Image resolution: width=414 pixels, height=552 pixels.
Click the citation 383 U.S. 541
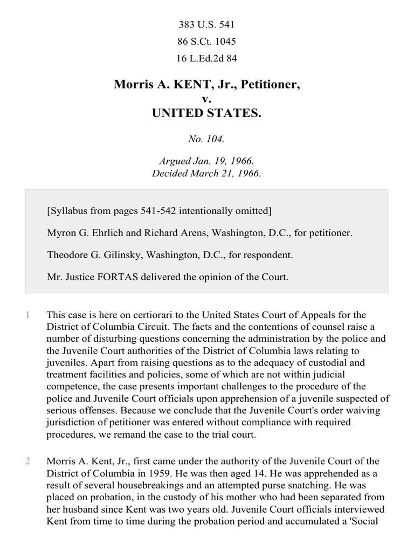pos(207,25)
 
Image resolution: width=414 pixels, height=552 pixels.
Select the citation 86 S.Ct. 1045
pos(207,42)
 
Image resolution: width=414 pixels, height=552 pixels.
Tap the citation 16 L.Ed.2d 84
pos(207,58)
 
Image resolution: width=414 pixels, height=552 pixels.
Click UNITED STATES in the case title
pos(207,114)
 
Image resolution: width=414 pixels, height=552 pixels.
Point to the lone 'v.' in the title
pos(207,99)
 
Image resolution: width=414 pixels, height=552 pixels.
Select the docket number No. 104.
pos(207,139)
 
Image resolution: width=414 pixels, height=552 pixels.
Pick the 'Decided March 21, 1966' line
pos(207,174)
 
